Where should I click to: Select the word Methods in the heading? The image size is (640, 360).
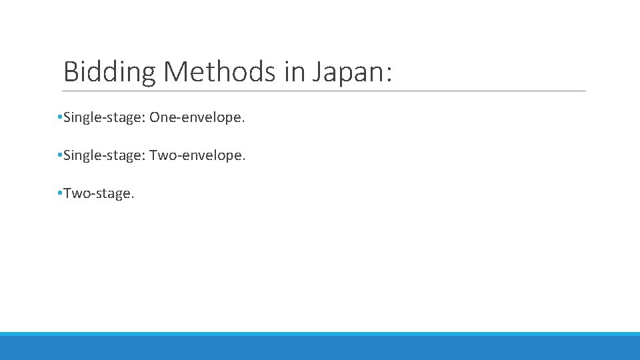coord(220,72)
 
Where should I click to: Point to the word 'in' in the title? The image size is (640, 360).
coord(294,72)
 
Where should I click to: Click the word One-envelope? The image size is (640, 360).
coord(197,118)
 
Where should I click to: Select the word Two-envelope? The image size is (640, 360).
coord(197,156)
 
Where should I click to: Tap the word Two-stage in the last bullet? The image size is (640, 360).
coord(97,194)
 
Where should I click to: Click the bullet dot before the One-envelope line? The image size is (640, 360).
coord(60,118)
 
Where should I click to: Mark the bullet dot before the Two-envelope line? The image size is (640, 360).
coord(60,156)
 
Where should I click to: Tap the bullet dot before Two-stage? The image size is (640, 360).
coord(60,193)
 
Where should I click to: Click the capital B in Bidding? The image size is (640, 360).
coord(71,72)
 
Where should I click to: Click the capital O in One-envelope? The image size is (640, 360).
coord(155,118)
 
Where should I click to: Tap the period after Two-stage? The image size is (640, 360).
coord(133,197)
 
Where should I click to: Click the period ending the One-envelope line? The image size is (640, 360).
coord(244,122)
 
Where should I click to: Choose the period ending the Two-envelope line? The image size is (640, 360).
coord(245,160)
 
